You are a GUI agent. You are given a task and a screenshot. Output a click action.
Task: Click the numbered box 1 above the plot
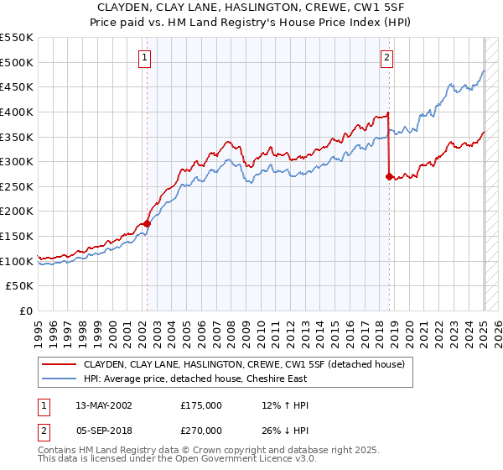tap(145, 58)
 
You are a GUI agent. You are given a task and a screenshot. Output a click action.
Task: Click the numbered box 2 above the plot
tap(386, 58)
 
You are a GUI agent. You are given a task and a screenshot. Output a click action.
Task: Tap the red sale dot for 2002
tap(147, 223)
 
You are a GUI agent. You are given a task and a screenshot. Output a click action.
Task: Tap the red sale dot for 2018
tap(389, 176)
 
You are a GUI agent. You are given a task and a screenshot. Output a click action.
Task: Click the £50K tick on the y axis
tap(21, 286)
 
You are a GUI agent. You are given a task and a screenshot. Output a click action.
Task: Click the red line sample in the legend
tap(60, 364)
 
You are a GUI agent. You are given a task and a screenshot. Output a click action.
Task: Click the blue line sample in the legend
tap(60, 379)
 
